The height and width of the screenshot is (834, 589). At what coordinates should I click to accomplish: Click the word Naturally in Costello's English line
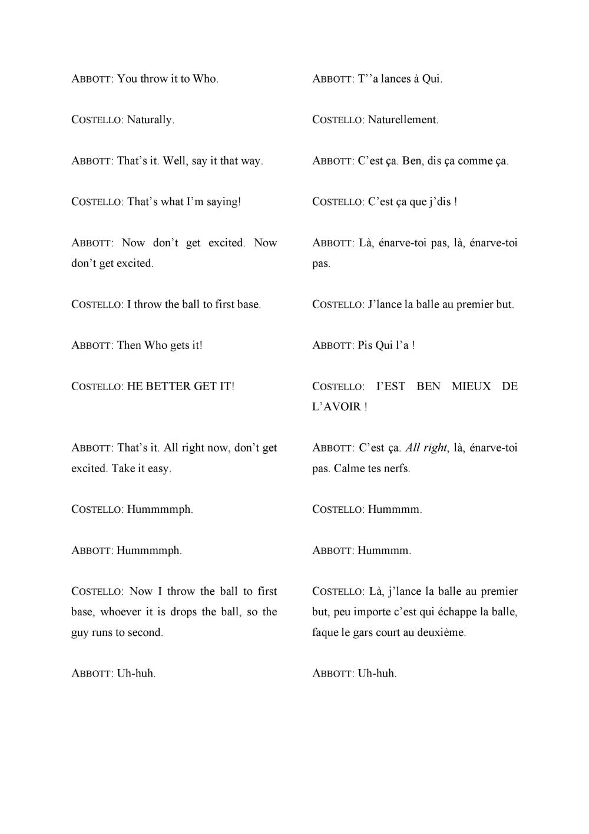tap(150, 120)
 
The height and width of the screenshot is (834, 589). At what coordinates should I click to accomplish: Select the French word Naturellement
tap(403, 120)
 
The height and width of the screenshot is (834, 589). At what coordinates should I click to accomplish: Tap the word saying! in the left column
tap(223, 202)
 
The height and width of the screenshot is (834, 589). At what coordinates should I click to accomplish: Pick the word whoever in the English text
tap(120, 612)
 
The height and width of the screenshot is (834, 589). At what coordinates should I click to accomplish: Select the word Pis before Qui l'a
tap(365, 345)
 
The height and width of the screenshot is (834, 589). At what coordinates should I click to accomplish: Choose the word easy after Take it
tap(157, 469)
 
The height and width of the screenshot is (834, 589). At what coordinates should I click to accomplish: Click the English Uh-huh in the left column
tap(136, 673)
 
